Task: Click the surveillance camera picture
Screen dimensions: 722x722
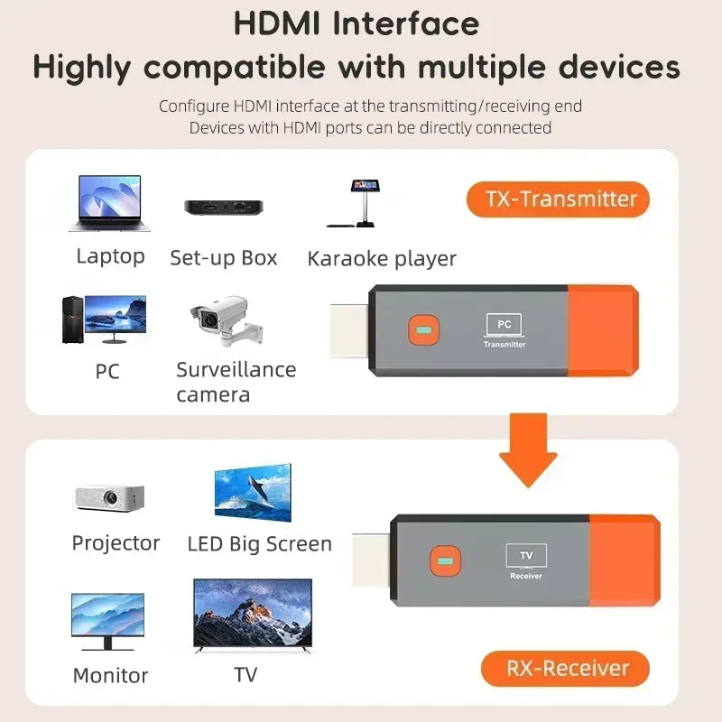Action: (220, 321)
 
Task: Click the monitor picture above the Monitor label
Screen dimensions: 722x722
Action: (107, 621)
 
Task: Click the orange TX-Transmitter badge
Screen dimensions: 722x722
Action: (558, 199)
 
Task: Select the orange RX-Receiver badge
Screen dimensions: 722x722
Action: (565, 669)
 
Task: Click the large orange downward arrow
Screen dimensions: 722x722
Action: (529, 448)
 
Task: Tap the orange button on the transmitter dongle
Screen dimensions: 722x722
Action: (421, 329)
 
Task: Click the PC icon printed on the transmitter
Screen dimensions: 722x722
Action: (504, 324)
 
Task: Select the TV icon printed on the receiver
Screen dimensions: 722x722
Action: (525, 555)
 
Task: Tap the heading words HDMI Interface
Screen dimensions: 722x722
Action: (356, 24)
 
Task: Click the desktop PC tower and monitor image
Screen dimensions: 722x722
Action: (103, 319)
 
